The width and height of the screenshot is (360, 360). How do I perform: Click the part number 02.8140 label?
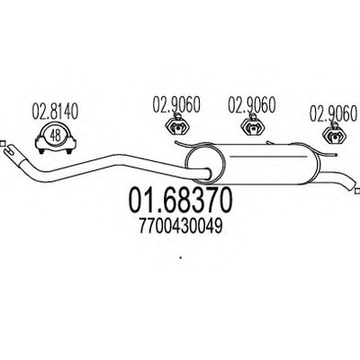[55, 112]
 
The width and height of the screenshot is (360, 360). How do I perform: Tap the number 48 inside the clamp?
[56, 136]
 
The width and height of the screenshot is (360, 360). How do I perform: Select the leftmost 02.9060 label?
[176, 104]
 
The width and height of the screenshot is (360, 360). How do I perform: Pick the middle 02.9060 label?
[252, 104]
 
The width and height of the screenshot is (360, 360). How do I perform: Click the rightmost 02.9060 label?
[334, 113]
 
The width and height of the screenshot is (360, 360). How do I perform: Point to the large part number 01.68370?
[181, 200]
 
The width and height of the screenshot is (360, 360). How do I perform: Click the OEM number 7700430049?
[181, 226]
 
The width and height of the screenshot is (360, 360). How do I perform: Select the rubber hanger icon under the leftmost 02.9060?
[178, 125]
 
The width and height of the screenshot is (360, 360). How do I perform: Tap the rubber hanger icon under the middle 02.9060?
[253, 125]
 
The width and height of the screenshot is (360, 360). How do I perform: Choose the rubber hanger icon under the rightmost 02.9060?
[334, 133]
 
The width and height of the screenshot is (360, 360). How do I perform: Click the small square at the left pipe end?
[2, 143]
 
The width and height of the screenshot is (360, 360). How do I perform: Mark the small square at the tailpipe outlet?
[357, 191]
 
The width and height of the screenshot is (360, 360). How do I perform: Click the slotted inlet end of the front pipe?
[11, 150]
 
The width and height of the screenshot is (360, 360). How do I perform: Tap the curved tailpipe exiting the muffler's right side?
[337, 179]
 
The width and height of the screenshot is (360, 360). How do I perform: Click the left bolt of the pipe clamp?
[42, 151]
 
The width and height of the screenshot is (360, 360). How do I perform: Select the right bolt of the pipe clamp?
[69, 151]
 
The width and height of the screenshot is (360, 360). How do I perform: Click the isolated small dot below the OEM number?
[181, 257]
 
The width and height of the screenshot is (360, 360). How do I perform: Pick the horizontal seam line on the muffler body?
[269, 156]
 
